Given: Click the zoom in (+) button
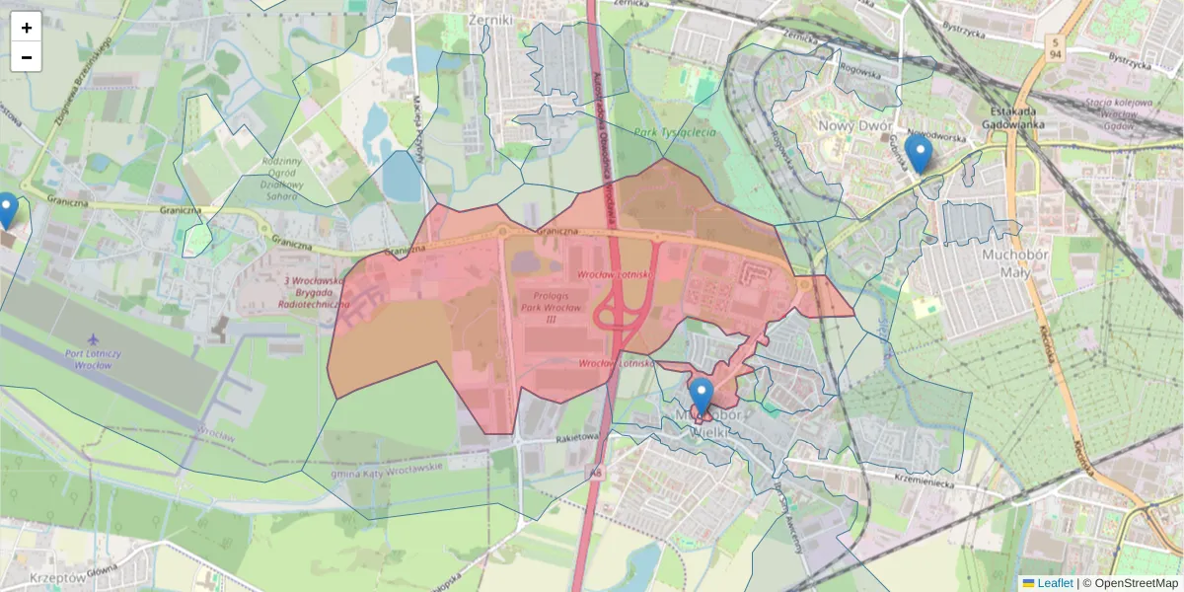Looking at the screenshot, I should [27, 28].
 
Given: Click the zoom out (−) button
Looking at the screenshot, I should [27, 57].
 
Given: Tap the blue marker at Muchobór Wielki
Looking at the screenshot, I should [702, 396].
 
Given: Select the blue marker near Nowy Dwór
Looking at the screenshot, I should [919, 154].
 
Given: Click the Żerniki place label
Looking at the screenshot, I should [491, 19].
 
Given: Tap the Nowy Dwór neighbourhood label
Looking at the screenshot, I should [855, 126].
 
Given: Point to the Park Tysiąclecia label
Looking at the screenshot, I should [674, 132].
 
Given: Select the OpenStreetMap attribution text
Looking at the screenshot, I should [1136, 583].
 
